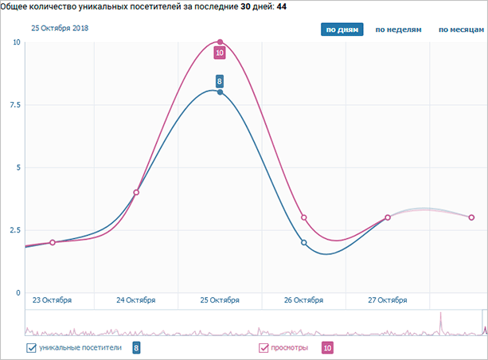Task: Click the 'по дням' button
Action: click(342, 30)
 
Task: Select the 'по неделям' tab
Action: click(397, 30)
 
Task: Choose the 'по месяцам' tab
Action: click(461, 30)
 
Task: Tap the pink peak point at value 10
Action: click(220, 41)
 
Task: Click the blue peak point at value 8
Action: click(220, 92)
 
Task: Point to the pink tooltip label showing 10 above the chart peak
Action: click(220, 53)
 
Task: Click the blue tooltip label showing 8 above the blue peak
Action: click(220, 80)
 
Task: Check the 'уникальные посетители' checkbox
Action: click(33, 347)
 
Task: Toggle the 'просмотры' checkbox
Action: click(264, 347)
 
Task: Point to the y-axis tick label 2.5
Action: click(13, 230)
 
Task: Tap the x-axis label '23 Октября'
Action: click(52, 300)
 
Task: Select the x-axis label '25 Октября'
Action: click(220, 300)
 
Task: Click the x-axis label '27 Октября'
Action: click(388, 300)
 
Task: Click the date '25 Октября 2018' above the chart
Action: click(60, 28)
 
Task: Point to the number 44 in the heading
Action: click(282, 6)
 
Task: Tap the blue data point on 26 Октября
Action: click(303, 243)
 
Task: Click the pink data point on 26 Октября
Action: click(303, 217)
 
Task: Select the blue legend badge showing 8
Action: click(136, 347)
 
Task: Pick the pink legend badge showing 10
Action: click(326, 347)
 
